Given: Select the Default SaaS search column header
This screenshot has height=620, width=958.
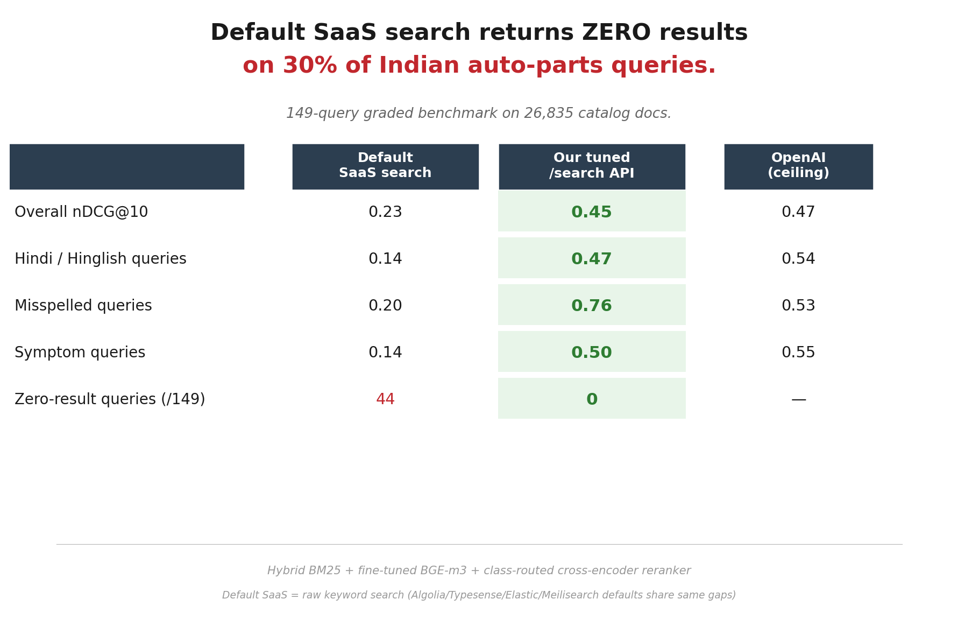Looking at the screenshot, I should pos(385,166).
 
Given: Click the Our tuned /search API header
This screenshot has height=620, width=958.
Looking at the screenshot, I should pos(592,166).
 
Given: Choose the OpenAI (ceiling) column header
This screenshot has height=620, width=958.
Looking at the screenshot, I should pos(798,166).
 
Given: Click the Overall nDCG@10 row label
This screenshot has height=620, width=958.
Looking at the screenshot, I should pos(81,212).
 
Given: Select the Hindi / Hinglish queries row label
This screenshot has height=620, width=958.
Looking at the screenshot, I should pos(101,259).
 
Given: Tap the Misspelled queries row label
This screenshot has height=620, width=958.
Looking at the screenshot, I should pos(83,306).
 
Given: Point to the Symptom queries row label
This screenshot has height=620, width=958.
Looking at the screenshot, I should pos(80,353).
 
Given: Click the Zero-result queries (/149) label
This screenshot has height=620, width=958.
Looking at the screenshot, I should pos(110,399).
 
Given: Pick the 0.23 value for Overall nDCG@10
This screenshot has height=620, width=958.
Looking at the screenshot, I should pos(385,212).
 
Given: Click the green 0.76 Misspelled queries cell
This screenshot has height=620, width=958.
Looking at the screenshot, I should pos(592,306).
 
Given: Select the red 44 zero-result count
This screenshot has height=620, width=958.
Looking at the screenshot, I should pos(385,399).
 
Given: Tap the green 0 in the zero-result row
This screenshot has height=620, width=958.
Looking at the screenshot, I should pos(592,399).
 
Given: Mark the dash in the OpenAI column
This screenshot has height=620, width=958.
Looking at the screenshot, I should pos(798,399).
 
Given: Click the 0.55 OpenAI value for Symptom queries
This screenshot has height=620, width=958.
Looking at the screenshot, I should pos(798,353).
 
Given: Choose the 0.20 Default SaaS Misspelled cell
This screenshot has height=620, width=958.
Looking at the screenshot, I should pos(385,306).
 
